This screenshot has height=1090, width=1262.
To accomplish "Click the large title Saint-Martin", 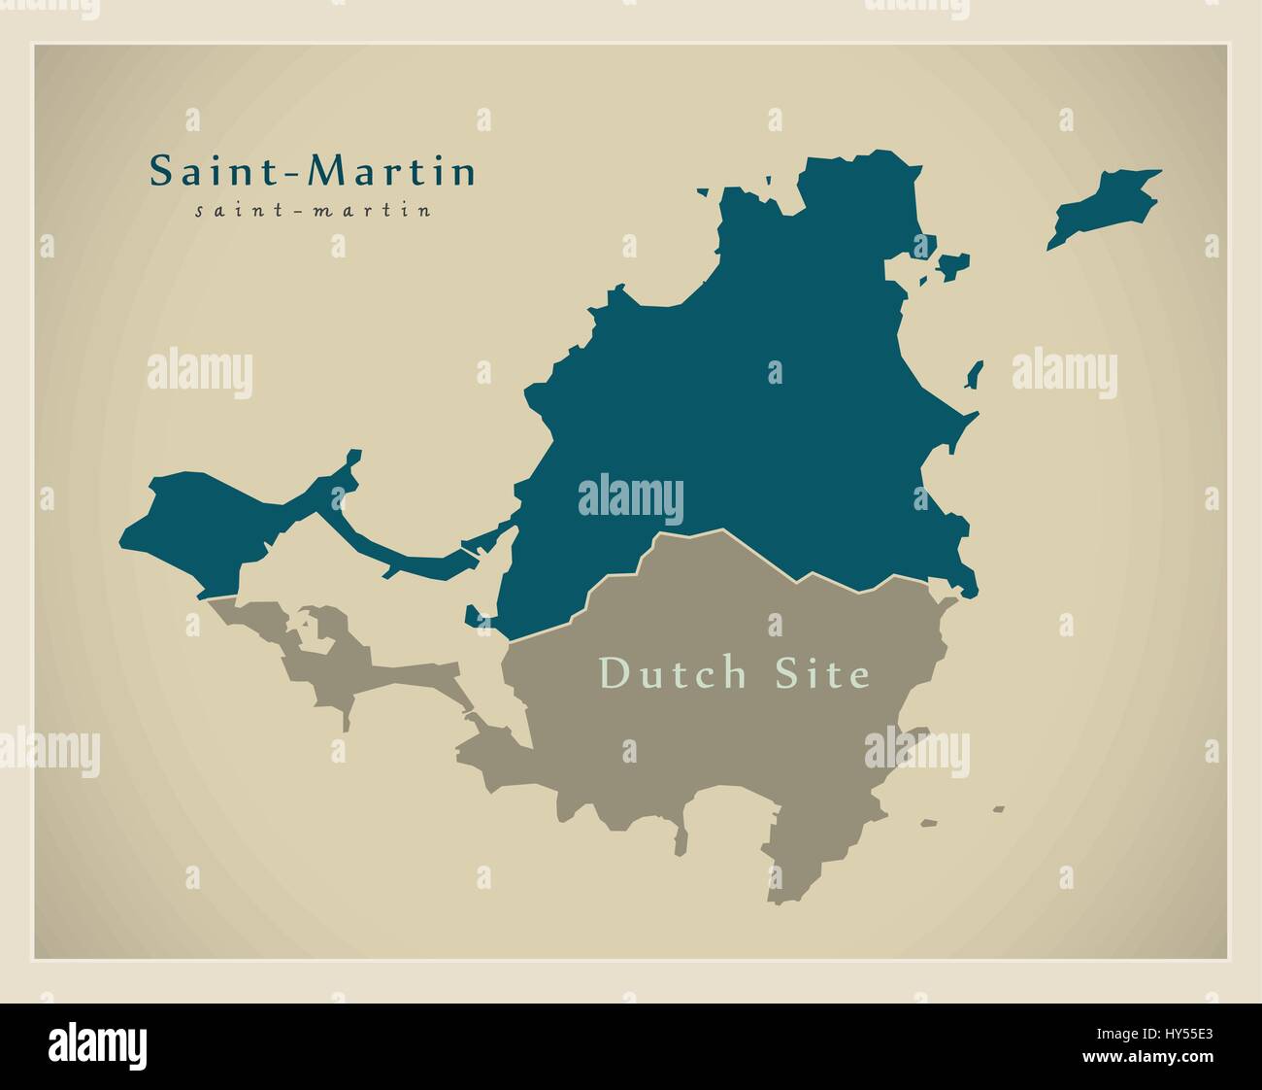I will (313, 172).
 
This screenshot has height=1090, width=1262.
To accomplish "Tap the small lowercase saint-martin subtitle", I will (313, 210).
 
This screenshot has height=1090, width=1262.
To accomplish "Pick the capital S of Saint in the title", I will (160, 172).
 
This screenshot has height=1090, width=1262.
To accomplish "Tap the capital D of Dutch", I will (614, 672).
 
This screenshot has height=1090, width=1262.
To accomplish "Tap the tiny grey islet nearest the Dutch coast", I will (929, 823).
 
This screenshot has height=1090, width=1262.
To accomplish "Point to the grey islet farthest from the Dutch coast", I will (998, 808).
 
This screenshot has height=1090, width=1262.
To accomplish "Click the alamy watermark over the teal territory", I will (630, 499).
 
